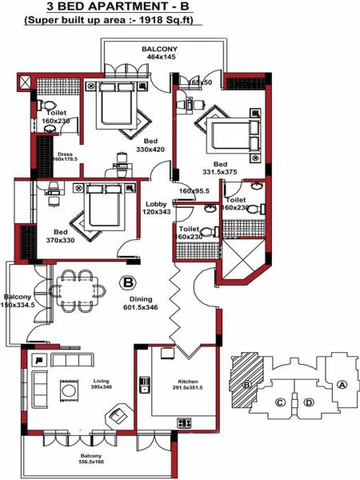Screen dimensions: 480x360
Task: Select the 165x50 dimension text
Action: pyautogui.click(x=200, y=82)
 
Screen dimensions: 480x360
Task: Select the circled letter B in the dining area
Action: pyautogui.click(x=127, y=282)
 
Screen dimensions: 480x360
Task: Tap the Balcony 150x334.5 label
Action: pyautogui.click(x=18, y=300)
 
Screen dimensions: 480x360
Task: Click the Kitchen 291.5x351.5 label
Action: pyautogui.click(x=188, y=386)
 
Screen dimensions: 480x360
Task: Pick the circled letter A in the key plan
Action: pyautogui.click(x=342, y=384)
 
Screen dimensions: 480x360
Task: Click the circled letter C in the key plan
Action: pyautogui.click(x=280, y=402)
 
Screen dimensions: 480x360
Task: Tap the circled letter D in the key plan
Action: pyautogui.click(x=309, y=402)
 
